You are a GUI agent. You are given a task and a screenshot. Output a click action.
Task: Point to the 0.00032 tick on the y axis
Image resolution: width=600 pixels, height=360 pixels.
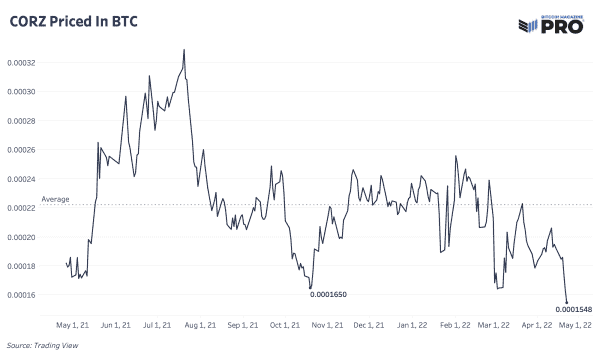[24, 62]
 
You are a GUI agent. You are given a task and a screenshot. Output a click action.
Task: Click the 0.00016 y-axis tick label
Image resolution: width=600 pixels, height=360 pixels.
[24, 295]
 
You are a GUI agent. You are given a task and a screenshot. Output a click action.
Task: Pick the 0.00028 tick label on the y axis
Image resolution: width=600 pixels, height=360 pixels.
[24, 120]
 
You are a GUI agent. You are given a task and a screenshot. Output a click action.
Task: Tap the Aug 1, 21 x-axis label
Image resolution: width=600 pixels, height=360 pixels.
[201, 325]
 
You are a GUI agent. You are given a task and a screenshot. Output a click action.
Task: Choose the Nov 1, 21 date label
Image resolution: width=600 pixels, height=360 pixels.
[328, 325]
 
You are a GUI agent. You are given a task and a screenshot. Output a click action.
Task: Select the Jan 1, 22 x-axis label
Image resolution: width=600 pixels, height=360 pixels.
[413, 325]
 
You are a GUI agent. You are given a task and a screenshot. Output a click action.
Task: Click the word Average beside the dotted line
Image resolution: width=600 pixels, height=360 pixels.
[55, 200]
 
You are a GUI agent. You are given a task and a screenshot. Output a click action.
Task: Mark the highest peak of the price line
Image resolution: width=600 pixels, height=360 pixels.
[184, 49]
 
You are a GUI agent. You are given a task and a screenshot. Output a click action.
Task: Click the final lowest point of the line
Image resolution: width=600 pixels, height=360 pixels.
[567, 302]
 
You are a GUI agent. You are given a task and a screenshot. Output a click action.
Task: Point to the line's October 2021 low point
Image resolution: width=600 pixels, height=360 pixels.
[311, 289]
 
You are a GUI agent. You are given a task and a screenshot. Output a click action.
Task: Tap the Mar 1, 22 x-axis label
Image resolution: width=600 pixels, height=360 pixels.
[494, 325]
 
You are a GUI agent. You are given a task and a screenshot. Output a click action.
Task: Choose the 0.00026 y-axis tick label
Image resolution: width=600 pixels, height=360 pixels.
[24, 150]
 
